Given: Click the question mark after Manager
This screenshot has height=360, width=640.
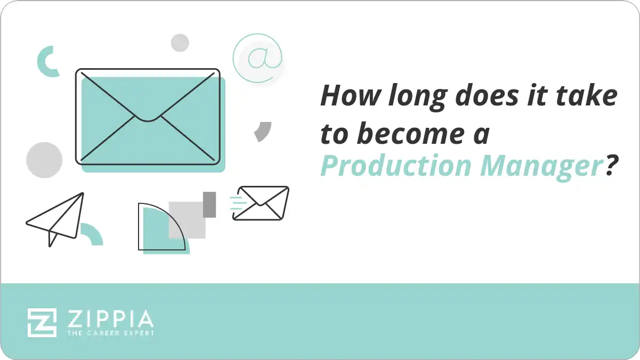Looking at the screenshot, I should tap(611, 166).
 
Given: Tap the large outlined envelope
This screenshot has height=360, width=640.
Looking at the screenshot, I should tap(148, 116).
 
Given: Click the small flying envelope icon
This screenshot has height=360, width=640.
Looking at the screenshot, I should tap(261, 203).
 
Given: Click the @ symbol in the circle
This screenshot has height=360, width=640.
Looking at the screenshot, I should tap(258, 58).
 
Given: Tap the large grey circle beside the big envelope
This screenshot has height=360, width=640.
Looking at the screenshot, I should tap(44, 160).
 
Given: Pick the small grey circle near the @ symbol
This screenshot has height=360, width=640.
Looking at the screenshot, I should tap(180, 43).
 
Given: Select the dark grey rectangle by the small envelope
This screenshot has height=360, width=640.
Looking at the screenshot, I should tap(209, 204).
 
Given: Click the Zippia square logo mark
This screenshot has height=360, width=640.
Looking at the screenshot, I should tap(42, 322).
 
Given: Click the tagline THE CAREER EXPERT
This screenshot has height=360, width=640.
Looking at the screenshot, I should tap(110, 333).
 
